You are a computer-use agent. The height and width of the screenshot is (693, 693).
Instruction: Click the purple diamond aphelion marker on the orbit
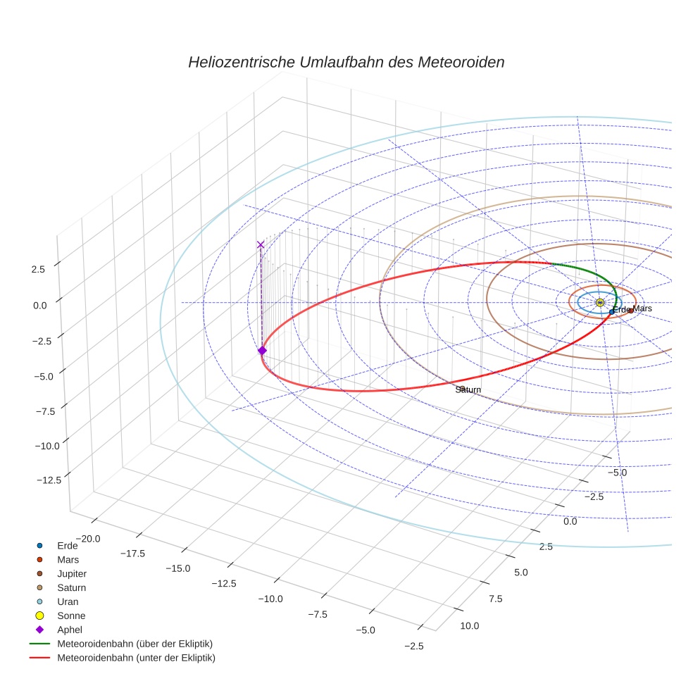tap(262, 351)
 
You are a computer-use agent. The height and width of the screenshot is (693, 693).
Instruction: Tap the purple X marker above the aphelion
tap(261, 244)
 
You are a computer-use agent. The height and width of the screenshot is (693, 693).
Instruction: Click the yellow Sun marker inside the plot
tap(600, 302)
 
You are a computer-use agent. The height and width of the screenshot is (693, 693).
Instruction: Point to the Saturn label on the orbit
tap(468, 389)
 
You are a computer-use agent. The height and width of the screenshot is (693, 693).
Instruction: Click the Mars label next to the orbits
tap(642, 308)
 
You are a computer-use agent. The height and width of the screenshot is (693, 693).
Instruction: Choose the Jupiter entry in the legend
tap(72, 573)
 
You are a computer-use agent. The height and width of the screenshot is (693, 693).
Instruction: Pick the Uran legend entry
tap(68, 601)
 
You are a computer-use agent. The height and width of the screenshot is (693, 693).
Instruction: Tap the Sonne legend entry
tap(71, 616)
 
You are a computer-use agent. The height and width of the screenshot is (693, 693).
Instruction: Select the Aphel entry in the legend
tap(70, 630)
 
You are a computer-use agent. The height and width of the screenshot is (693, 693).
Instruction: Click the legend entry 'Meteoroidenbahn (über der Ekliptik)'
tap(135, 644)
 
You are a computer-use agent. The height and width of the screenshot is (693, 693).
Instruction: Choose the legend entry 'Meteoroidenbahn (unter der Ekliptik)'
tap(136, 658)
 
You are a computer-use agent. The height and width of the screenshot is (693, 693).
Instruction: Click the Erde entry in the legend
tap(68, 545)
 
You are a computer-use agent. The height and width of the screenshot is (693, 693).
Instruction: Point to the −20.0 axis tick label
tap(88, 538)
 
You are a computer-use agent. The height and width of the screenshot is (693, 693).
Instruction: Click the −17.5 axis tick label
tap(132, 554)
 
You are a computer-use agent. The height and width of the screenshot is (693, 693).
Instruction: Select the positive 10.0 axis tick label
tap(469, 625)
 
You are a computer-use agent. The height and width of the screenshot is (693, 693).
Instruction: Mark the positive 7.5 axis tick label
tap(495, 599)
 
